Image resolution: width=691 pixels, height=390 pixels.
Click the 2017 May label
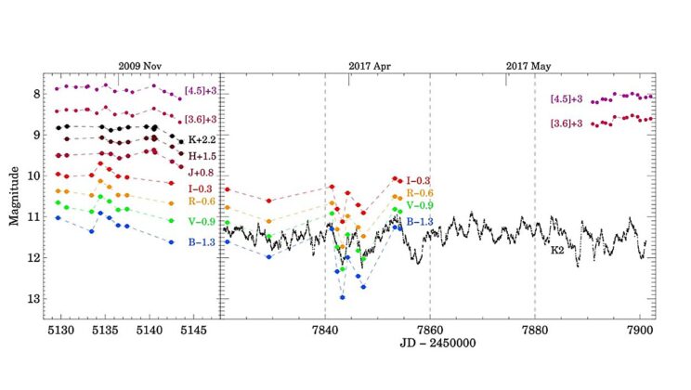coord(528,66)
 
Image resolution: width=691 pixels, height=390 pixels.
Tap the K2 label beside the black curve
coord(557,250)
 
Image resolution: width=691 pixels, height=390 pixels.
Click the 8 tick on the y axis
coord(36,95)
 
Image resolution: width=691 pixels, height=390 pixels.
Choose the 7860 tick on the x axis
coord(429,331)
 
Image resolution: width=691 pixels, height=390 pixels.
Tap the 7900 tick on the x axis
coord(640,331)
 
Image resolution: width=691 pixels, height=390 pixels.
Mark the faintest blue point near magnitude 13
coord(343,297)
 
